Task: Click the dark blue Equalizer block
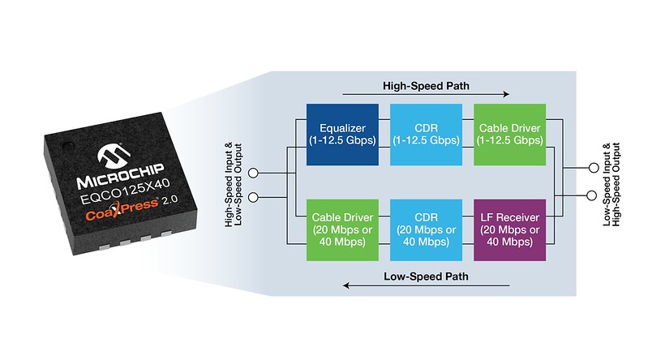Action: (342, 135)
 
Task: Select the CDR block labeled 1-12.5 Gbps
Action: (426, 135)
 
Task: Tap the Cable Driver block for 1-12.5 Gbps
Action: (509, 135)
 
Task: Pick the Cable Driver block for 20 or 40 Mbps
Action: (342, 229)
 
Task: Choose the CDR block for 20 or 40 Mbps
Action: (426, 229)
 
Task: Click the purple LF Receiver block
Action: (509, 229)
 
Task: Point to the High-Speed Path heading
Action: (426, 86)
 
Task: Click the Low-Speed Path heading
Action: (426, 276)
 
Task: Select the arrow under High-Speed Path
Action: (426, 94)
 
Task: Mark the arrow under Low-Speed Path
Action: (426, 285)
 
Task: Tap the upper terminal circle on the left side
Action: (253, 174)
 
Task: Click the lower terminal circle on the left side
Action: (253, 198)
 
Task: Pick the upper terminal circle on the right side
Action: (594, 168)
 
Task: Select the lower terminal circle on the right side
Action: (592, 195)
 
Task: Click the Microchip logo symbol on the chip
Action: (114, 156)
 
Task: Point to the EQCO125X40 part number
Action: (125, 191)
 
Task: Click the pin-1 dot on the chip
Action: (68, 146)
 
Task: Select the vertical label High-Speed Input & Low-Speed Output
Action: (233, 185)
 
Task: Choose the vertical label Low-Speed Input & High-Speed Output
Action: (612, 184)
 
